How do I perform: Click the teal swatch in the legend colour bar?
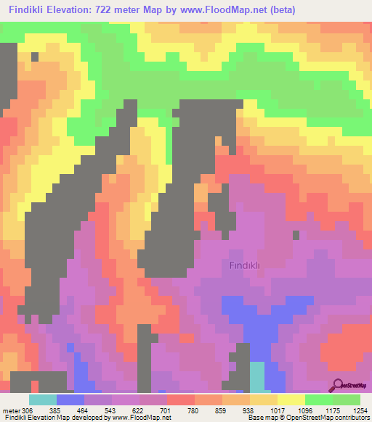coord(43,400)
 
